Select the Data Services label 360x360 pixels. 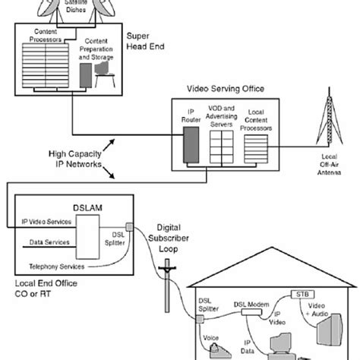point(46,243)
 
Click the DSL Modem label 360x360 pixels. point(247,302)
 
